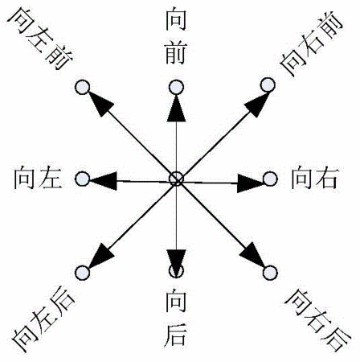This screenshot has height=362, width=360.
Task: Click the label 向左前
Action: click(41, 38)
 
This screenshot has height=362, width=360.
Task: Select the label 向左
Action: click(38, 178)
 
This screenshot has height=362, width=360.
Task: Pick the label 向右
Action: click(314, 178)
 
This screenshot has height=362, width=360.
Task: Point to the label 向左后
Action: click(43, 321)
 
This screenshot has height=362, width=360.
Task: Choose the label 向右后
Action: click(318, 319)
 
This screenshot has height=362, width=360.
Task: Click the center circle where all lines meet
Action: click(176, 179)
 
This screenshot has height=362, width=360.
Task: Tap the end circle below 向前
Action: click(176, 87)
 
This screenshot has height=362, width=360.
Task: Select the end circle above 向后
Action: click(176, 270)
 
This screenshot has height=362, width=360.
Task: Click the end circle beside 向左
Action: click(82, 179)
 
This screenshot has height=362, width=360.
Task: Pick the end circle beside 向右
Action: click(270, 179)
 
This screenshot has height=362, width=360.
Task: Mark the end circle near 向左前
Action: click(82, 88)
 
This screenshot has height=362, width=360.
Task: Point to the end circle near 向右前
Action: click(268, 85)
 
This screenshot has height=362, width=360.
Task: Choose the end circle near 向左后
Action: click(82, 273)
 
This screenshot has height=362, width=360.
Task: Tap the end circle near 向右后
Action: click(270, 273)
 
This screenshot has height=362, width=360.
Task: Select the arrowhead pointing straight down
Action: click(176, 261)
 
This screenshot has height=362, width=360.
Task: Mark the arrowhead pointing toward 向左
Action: click(104, 180)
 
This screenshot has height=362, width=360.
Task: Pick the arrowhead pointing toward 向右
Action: click(250, 183)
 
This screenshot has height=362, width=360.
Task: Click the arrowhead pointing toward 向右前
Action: click(256, 105)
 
